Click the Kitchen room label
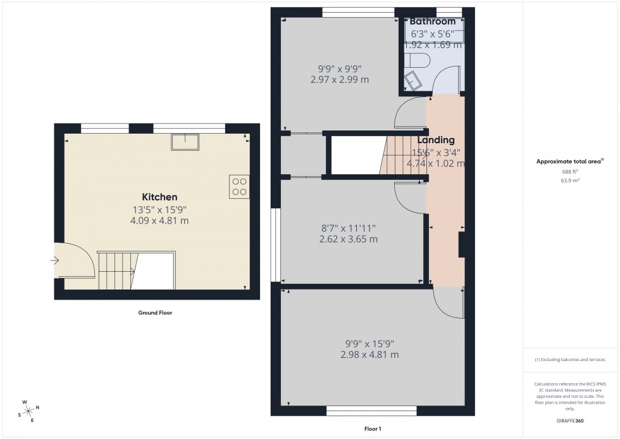point(159,197)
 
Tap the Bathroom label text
point(432,22)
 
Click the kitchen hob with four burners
point(240,185)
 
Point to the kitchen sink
point(185,141)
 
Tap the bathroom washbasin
point(415,81)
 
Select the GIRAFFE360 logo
point(571,421)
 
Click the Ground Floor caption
point(155,313)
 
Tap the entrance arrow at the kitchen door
point(56,260)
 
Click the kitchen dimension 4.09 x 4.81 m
point(159,221)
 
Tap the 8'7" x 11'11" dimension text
point(344,228)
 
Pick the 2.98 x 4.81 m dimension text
point(369,355)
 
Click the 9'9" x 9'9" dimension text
point(340,68)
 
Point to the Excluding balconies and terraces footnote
point(570,360)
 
